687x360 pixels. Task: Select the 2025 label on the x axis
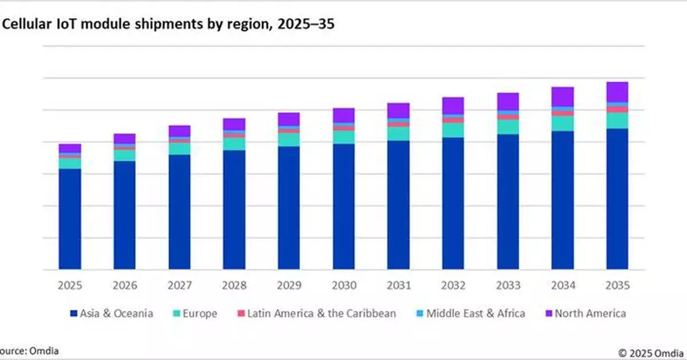[x=69, y=286]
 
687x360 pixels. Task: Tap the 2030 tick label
[x=343, y=286]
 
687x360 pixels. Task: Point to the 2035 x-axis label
[x=617, y=286]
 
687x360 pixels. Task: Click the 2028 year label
[x=234, y=286]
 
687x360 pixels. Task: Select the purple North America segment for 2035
[x=617, y=92]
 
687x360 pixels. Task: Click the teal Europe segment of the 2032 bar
[x=453, y=130]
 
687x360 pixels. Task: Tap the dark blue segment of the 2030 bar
[x=343, y=207]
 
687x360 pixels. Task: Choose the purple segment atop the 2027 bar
[x=179, y=131]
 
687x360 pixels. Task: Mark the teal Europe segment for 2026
[x=124, y=155]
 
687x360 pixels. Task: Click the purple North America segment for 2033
[x=508, y=101]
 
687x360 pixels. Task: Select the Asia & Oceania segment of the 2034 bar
[x=563, y=200]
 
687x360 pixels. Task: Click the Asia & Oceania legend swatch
[x=73, y=314]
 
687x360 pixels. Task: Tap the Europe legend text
[x=200, y=314]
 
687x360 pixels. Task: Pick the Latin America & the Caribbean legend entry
[x=321, y=314]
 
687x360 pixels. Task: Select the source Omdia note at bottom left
[x=29, y=350]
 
